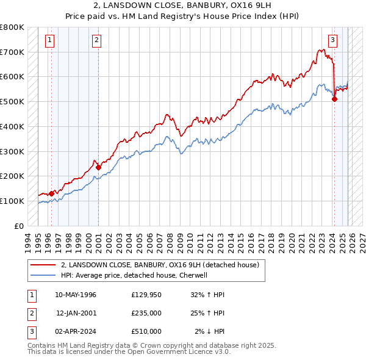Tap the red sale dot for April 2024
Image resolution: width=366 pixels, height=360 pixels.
334,99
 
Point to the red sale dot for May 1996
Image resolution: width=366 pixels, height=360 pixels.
51,193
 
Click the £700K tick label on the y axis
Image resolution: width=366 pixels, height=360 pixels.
12,52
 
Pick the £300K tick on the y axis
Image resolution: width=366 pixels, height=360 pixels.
12,151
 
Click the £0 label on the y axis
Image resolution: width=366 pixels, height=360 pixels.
18,226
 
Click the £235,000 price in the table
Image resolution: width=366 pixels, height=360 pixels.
146,313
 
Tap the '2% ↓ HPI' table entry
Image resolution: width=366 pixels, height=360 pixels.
210,331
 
